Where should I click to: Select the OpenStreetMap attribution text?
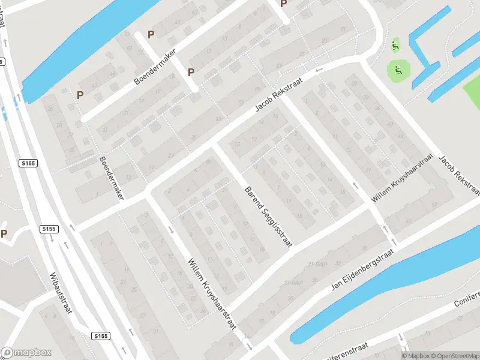(x=454, y=356)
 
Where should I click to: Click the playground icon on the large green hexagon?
(x=395, y=71)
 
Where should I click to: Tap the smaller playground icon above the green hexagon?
(x=395, y=44)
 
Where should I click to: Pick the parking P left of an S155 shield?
(x=4, y=233)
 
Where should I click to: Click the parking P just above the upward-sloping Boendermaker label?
(x=151, y=35)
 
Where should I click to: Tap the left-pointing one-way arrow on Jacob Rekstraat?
(x=319, y=70)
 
